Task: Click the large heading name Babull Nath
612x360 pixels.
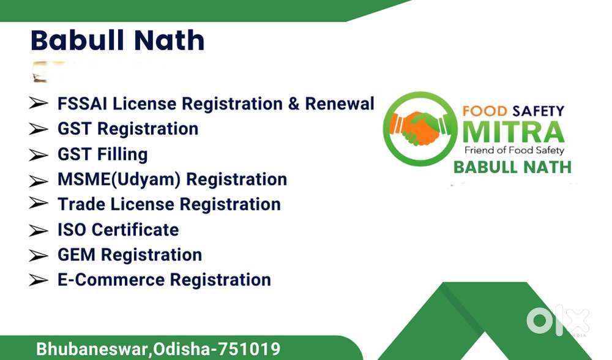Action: point(118,40)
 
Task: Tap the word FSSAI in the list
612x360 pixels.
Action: point(83,104)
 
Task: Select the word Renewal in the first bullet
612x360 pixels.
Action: point(340,104)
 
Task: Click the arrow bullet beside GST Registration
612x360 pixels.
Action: point(38,129)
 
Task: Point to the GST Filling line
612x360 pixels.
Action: point(103,154)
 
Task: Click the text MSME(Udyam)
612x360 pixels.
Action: point(119,179)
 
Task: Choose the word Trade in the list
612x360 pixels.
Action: point(81,204)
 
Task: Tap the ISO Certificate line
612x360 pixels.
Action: point(118,230)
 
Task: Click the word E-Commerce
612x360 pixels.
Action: point(111,280)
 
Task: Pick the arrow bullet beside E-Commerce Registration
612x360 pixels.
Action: point(38,280)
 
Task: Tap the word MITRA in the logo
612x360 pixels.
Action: point(513,132)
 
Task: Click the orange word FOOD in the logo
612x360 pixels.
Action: point(485,111)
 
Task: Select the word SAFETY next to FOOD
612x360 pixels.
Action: point(539,111)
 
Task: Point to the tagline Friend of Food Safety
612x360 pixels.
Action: point(514,151)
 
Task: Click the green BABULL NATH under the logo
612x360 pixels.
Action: point(512,168)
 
